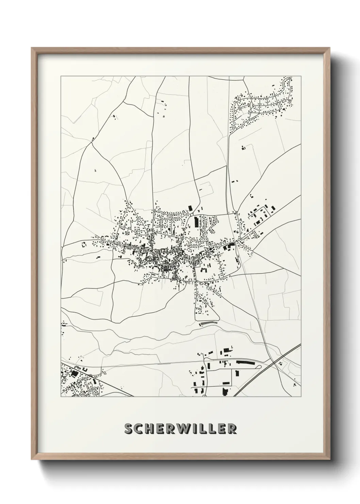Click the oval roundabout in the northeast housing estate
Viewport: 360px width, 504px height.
(x=251, y=106)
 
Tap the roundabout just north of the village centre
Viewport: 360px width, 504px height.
(x=193, y=215)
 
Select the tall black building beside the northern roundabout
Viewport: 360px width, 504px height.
(x=196, y=222)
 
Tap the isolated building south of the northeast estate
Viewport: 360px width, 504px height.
(x=243, y=148)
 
